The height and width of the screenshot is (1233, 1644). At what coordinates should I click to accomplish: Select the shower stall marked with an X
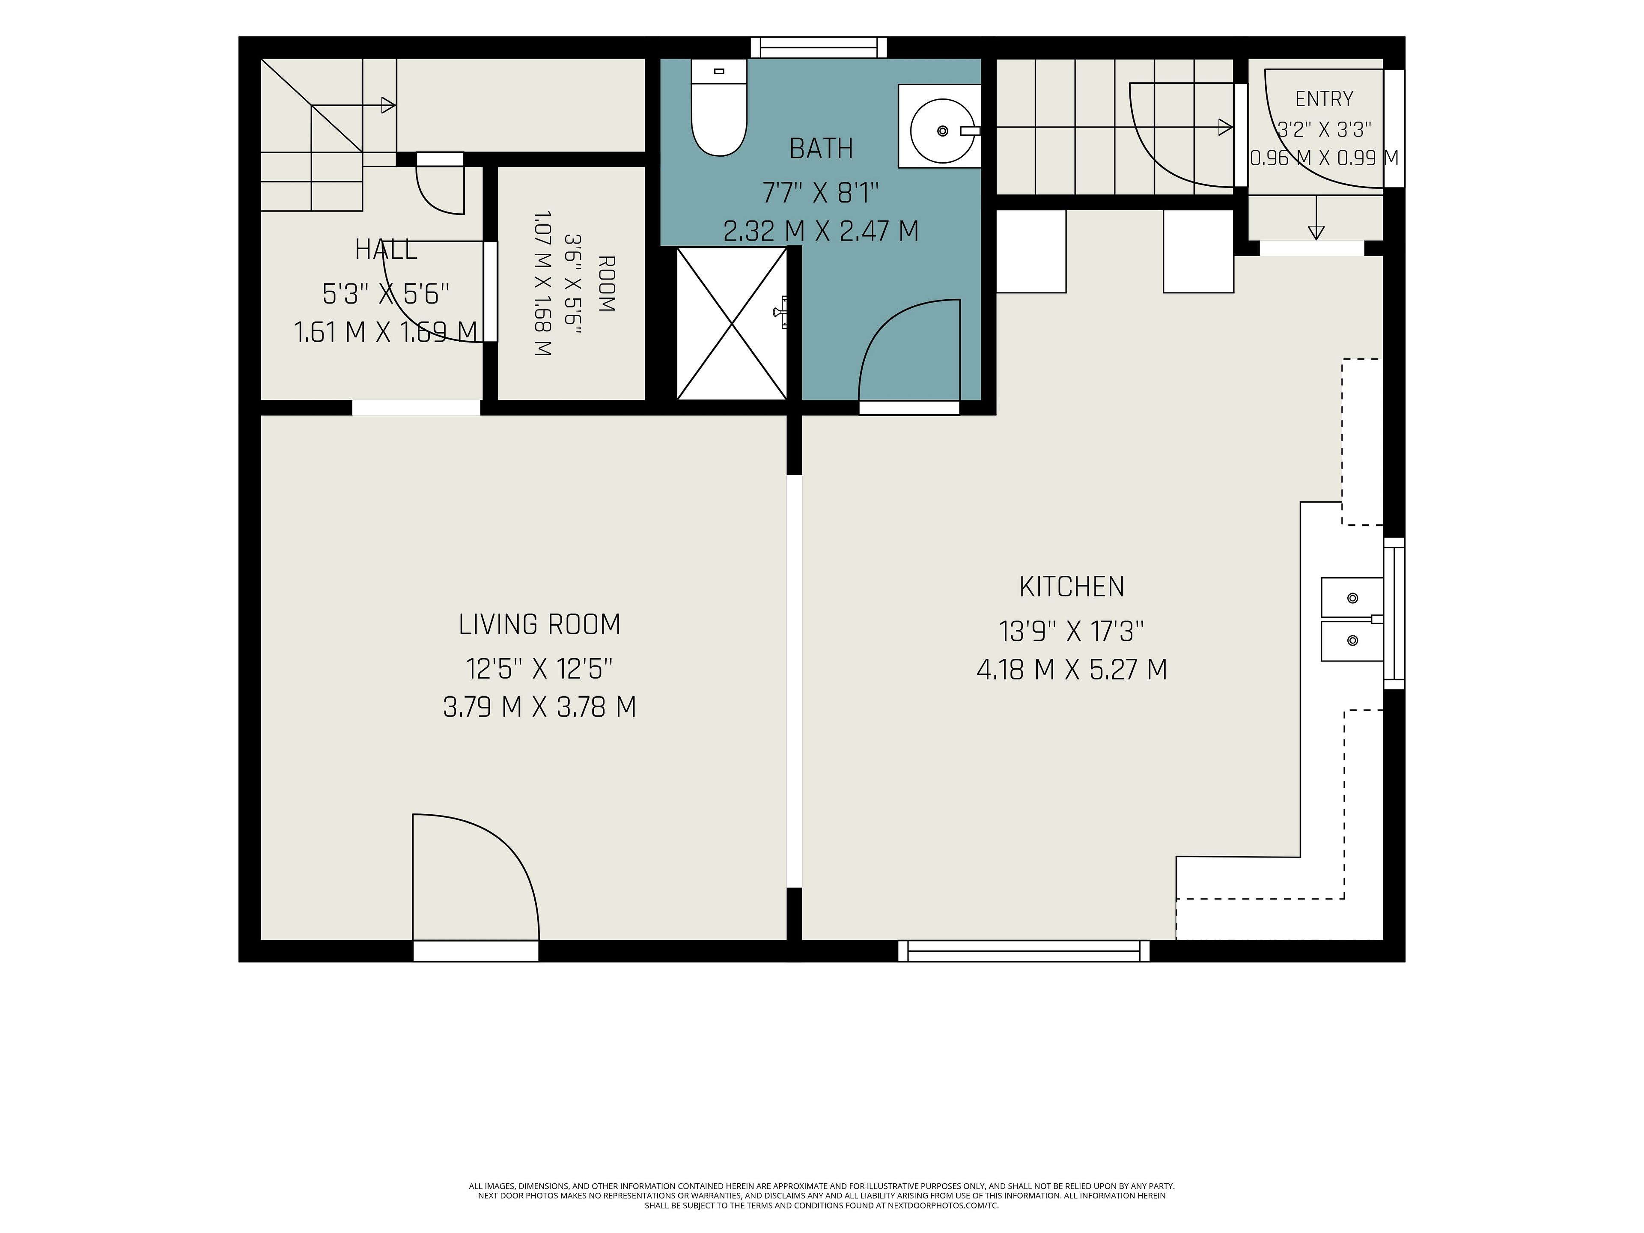(732, 323)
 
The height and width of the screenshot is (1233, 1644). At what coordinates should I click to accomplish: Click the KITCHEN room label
(1071, 587)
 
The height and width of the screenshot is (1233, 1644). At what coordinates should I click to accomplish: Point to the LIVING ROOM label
(539, 624)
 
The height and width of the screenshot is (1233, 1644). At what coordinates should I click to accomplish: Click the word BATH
(821, 149)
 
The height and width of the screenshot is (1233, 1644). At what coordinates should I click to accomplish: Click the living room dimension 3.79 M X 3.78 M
(539, 707)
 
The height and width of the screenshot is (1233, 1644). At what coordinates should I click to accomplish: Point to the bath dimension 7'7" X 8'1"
(821, 193)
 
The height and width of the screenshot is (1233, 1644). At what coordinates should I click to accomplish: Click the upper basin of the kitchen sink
(1352, 598)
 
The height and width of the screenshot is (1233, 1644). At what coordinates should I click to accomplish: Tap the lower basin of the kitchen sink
(1352, 640)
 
